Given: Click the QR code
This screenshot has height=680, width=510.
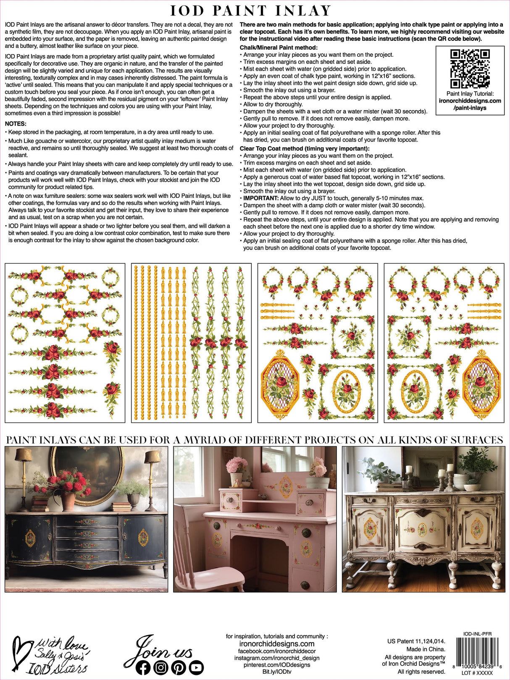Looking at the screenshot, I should (470, 68).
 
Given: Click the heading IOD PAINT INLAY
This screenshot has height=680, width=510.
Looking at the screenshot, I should (251, 11).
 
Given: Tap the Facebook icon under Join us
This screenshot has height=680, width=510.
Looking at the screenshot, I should (143, 667).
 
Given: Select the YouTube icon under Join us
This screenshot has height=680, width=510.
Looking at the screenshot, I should (196, 667).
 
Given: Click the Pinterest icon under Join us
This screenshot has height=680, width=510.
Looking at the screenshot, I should (179, 667).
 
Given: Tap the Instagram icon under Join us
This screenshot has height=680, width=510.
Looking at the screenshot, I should (160, 667).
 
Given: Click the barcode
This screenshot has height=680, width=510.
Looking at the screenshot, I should (476, 656).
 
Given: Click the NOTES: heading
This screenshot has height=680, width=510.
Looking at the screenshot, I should (16, 124).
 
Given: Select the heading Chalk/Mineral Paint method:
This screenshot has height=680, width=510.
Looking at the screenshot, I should (279, 47).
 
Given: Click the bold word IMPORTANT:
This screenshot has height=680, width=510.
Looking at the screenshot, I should (261, 198).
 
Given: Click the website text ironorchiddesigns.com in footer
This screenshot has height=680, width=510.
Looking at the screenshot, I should (276, 644).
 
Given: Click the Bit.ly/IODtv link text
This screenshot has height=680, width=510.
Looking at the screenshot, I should (276, 672).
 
